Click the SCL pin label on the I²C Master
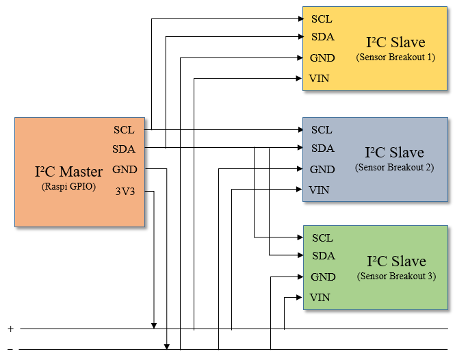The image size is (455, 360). click(x=124, y=129)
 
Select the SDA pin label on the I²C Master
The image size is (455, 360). click(x=124, y=149)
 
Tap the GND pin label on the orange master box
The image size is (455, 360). click(x=125, y=170)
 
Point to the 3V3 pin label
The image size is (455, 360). click(x=125, y=192)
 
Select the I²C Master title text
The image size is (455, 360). click(x=68, y=171)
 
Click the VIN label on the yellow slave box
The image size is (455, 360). click(x=320, y=79)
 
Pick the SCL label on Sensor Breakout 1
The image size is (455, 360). click(x=322, y=18)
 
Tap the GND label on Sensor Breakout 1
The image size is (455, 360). click(x=322, y=58)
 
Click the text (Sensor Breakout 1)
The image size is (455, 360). click(x=395, y=57)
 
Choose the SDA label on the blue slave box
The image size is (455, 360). click(x=323, y=148)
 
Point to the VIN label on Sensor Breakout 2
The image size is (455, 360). click(x=320, y=190)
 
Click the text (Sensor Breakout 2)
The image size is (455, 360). click(x=395, y=168)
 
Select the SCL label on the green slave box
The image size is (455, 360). click(x=322, y=237)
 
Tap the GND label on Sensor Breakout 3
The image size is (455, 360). click(x=323, y=277)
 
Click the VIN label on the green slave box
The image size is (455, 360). click(x=320, y=298)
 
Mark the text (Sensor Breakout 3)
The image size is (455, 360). click(x=396, y=277)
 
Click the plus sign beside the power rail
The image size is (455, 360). click(x=10, y=329)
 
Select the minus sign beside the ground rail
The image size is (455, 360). click(x=10, y=349)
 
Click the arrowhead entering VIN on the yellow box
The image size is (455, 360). click(x=299, y=79)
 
